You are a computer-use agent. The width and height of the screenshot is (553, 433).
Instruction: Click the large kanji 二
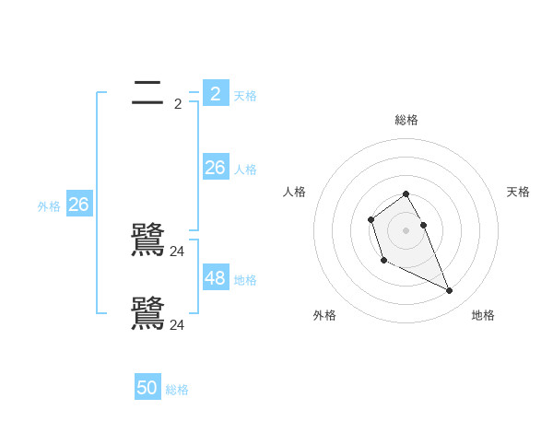[147, 92]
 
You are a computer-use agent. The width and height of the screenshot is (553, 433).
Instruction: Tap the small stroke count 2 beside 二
[178, 104]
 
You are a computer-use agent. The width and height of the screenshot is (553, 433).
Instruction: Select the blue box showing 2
[216, 93]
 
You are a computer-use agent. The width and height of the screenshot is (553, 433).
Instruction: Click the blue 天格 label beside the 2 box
[245, 96]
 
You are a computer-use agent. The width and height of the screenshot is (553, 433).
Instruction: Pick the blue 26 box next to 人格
[216, 167]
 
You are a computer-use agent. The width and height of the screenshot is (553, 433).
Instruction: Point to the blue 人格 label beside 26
[245, 170]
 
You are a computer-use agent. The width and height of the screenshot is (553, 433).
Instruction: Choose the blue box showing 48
[216, 277]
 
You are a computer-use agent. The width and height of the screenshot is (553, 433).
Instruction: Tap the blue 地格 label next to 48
[245, 280]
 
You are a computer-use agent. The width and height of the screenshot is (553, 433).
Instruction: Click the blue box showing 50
[147, 388]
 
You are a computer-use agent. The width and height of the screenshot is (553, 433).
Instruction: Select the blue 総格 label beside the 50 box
[177, 391]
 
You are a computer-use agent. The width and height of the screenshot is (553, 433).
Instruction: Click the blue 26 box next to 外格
[78, 204]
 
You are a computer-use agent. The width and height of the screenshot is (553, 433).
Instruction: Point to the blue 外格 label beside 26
[49, 207]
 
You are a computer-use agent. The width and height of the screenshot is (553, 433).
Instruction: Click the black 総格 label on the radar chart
[406, 120]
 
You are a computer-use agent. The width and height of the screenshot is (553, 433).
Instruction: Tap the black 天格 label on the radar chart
[519, 192]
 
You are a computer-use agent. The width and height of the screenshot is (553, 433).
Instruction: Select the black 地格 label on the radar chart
[483, 315]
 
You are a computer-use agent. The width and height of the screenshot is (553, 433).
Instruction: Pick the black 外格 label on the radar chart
[324, 315]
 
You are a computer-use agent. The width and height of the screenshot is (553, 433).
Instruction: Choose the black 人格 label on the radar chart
[295, 192]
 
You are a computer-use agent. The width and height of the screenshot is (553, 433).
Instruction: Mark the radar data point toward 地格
[450, 291]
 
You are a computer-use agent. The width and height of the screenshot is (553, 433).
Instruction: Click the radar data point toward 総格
[406, 194]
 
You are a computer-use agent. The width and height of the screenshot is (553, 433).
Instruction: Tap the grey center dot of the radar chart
[406, 229]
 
